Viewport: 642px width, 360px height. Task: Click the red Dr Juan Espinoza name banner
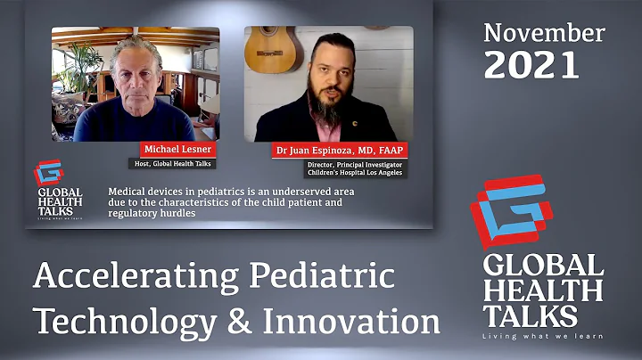(339, 150)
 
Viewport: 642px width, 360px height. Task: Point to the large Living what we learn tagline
(542, 336)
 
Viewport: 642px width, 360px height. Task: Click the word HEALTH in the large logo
(541, 290)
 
